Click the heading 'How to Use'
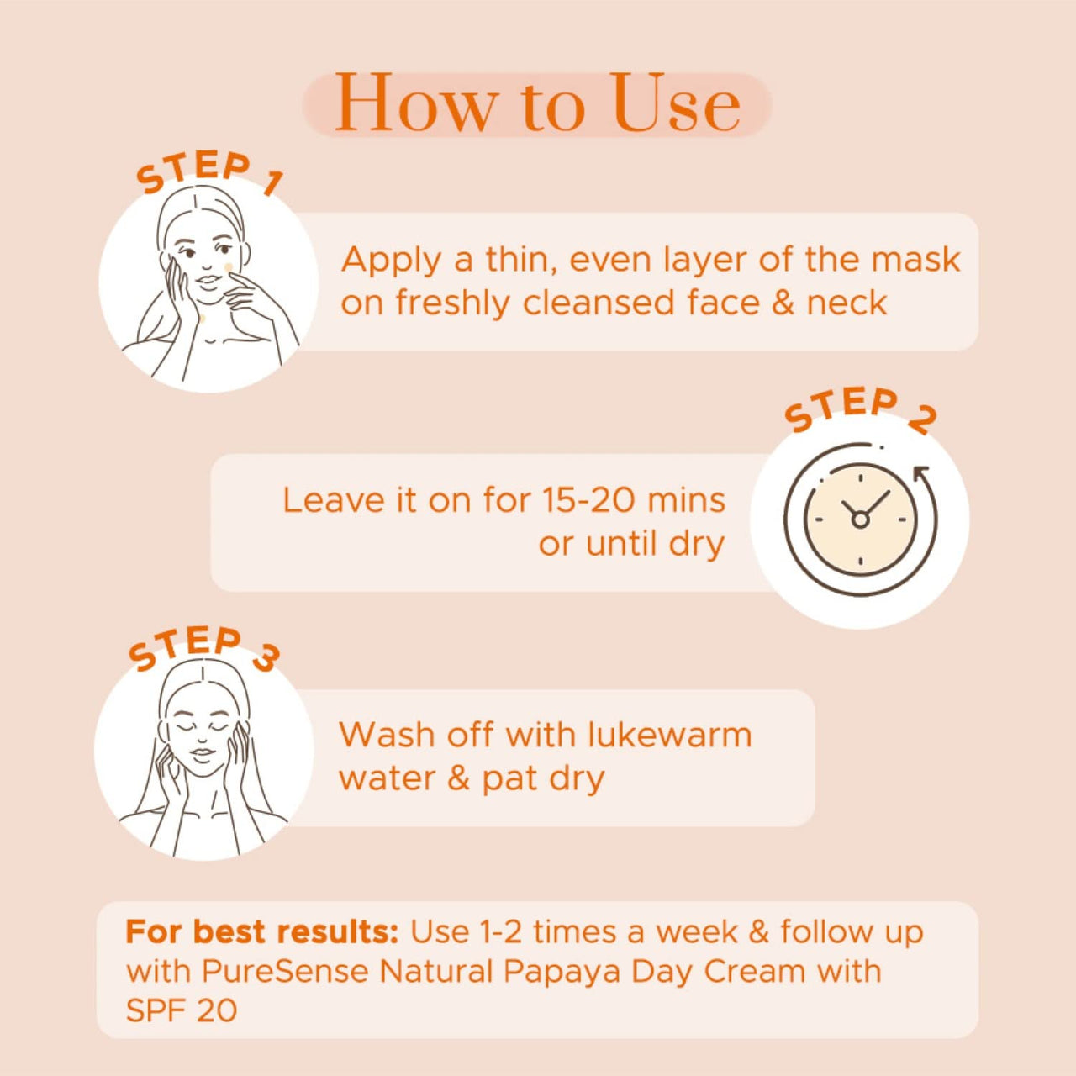(x=537, y=104)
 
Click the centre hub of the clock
(x=860, y=520)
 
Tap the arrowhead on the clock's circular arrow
(x=921, y=473)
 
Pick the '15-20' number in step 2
(x=588, y=500)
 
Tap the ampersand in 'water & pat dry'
(x=458, y=778)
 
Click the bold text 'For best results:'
(x=261, y=931)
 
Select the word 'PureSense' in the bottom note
(x=285, y=971)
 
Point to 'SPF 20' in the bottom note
(x=181, y=1010)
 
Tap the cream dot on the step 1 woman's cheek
(x=228, y=267)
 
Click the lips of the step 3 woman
(x=202, y=751)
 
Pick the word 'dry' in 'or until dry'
(x=697, y=545)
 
